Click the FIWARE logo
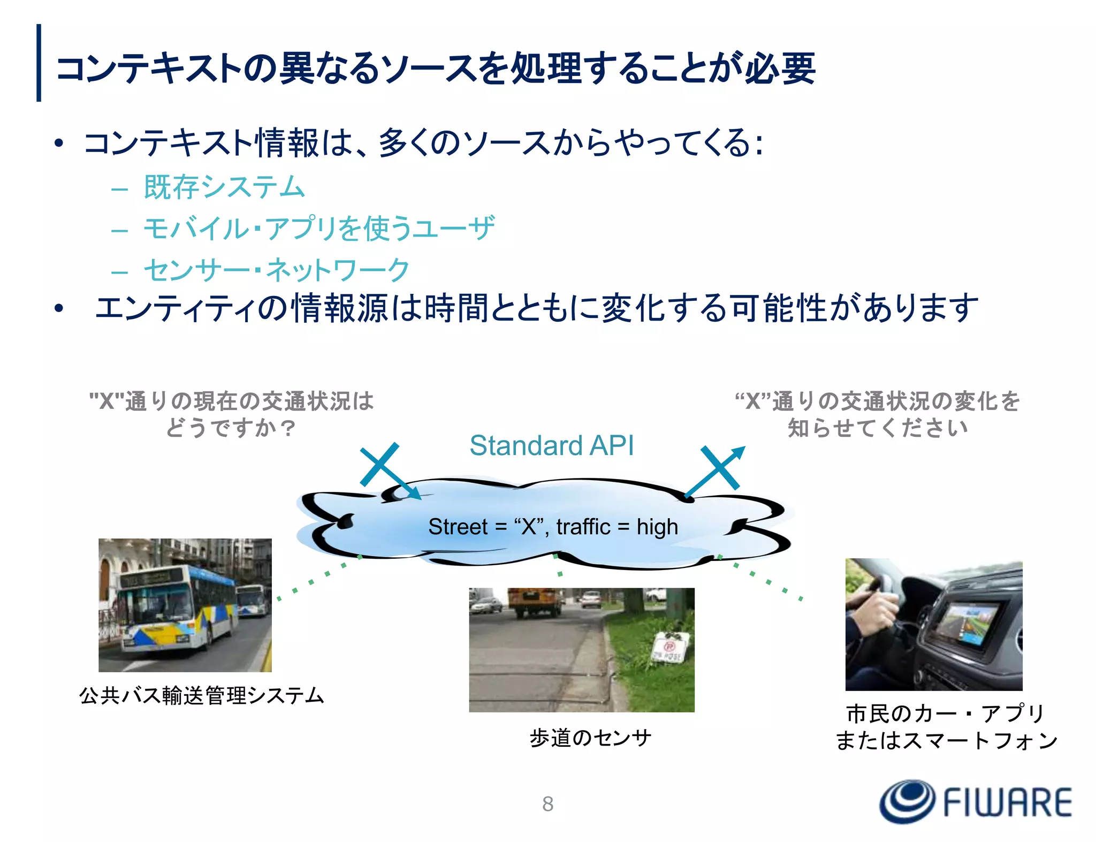[x=975, y=801]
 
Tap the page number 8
[x=547, y=803]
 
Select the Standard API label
[x=551, y=445]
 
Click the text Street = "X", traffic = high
[x=553, y=527]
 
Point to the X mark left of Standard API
[x=379, y=464]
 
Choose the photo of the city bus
[x=185, y=605]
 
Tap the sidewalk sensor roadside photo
[x=581, y=650]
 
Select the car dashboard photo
[x=933, y=624]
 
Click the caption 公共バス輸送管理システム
[x=202, y=695]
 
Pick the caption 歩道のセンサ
[x=590, y=738]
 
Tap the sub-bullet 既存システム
[x=224, y=187]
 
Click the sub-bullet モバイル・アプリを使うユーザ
[x=319, y=229]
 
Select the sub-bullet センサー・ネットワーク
[x=277, y=270]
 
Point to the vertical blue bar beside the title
[x=39, y=63]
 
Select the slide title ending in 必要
[x=435, y=68]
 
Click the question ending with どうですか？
[x=231, y=414]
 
